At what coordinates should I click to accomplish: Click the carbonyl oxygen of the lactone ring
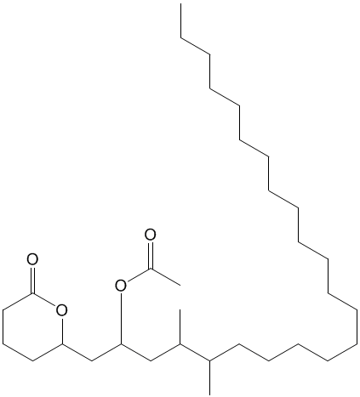pyautogui.click(x=32, y=259)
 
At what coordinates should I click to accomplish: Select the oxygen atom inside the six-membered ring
pyautogui.click(x=62, y=310)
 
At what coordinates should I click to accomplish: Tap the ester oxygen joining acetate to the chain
pyautogui.click(x=121, y=286)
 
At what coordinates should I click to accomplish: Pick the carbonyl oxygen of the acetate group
pyautogui.click(x=151, y=235)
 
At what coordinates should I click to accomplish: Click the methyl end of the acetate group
pyautogui.click(x=180, y=285)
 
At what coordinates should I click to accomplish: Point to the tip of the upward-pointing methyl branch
pyautogui.click(x=180, y=309)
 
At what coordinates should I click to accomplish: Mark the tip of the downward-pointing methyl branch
pyautogui.click(x=209, y=394)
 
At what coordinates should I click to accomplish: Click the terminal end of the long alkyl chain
pyautogui.click(x=180, y=4)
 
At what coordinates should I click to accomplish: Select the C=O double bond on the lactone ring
pyautogui.click(x=32, y=280)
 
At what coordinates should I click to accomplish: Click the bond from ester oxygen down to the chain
pyautogui.click(x=121, y=318)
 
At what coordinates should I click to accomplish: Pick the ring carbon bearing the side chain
pyautogui.click(x=62, y=344)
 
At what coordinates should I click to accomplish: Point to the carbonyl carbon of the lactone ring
pyautogui.click(x=32, y=293)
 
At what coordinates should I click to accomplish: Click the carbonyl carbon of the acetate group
pyautogui.click(x=151, y=268)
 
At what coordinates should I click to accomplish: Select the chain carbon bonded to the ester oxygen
pyautogui.click(x=121, y=344)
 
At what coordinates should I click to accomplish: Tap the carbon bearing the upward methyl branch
pyautogui.click(x=180, y=344)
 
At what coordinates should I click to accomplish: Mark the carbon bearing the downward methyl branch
pyautogui.click(x=209, y=360)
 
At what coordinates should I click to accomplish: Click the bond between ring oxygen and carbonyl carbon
pyautogui.click(x=44, y=300)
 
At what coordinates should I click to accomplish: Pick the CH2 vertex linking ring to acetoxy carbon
pyautogui.click(x=92, y=360)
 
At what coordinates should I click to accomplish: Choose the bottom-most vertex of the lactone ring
pyautogui.click(x=32, y=360)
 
